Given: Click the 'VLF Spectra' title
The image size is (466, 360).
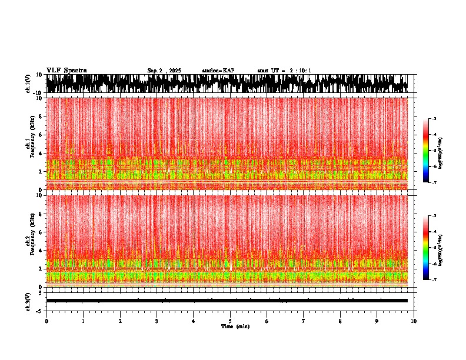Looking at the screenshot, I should coord(66,70).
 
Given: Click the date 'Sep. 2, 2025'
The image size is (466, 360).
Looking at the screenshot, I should coord(164,71).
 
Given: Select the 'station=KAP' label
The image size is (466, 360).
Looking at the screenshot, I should coord(218,71).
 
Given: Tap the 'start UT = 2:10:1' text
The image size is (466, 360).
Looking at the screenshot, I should coord(284,71).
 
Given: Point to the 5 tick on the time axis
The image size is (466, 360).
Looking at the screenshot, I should coord(230,321).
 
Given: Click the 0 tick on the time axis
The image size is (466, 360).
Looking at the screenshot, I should coord(46,321).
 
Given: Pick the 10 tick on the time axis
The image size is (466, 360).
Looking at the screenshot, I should coord(414,321).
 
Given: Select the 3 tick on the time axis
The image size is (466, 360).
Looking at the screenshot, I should coord(157,321).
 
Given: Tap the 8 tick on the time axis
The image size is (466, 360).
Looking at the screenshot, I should coord(340,321).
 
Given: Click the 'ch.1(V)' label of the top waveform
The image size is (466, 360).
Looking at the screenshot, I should coord(28,84).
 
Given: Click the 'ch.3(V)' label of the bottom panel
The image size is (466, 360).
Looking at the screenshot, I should coord(28,300).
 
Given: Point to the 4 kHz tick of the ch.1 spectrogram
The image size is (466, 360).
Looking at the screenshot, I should coord(42,154).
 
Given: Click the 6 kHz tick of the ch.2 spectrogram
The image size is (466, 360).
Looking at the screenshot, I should coord(42,232).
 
